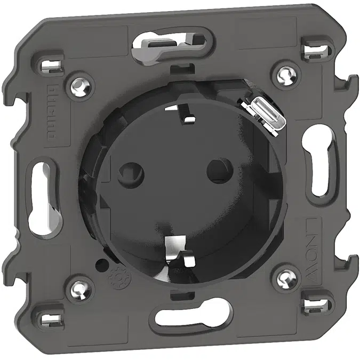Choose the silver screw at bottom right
point(281,277)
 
